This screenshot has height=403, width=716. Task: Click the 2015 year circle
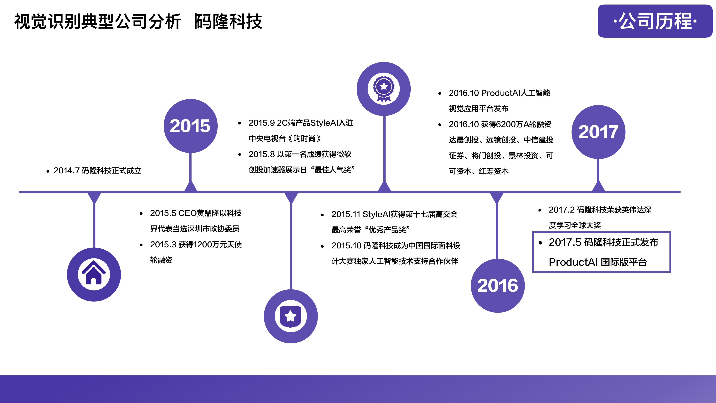(x=190, y=126)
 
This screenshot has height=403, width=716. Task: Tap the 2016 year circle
(x=498, y=286)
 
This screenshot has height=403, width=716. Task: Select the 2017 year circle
(x=598, y=132)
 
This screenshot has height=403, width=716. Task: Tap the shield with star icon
(x=291, y=316)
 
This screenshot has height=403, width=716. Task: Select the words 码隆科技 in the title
(x=228, y=21)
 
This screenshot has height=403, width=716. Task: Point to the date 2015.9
(x=262, y=123)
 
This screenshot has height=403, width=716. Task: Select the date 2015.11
(x=346, y=214)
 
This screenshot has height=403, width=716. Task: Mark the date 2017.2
(x=562, y=210)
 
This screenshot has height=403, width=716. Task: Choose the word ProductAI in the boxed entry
(x=573, y=262)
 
